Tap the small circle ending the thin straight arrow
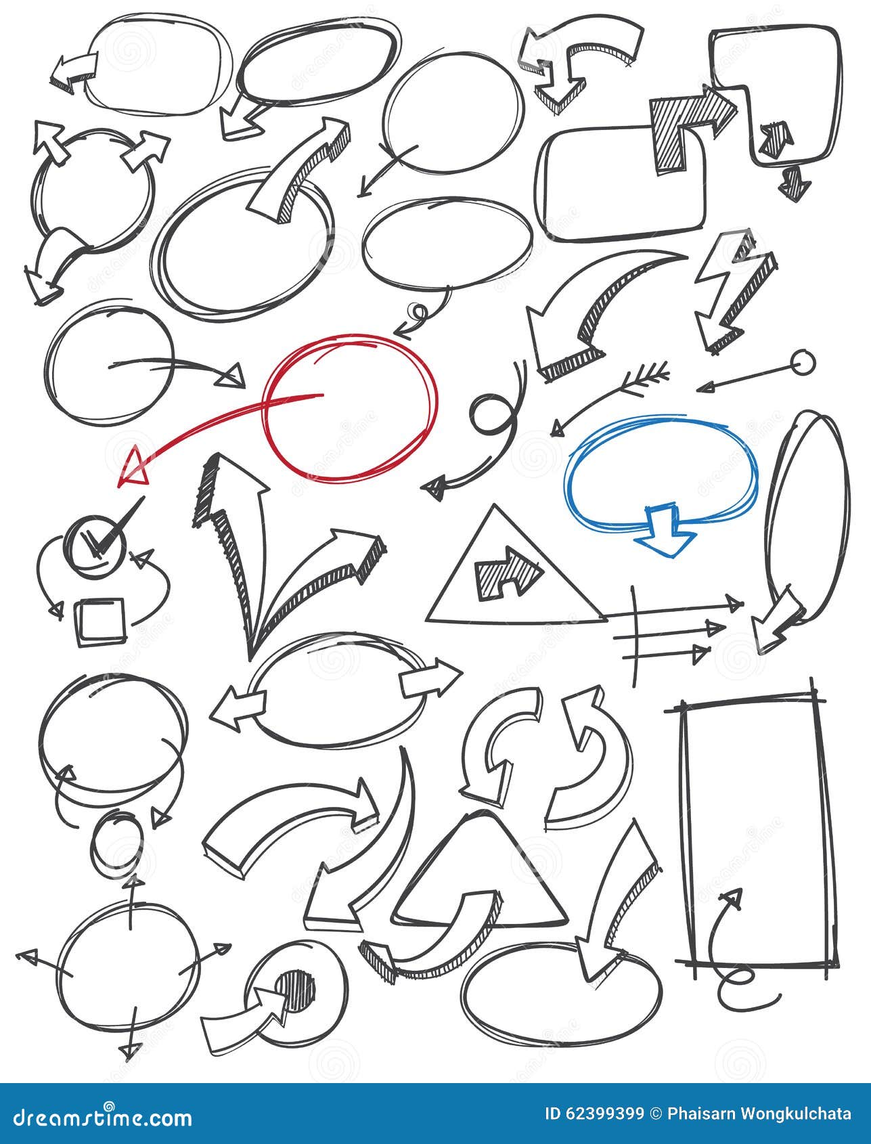coord(803,364)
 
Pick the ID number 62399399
coord(596,1114)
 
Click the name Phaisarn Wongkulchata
coord(761,1114)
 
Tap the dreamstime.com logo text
coord(99,1116)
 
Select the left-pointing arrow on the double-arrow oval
coord(233,710)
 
